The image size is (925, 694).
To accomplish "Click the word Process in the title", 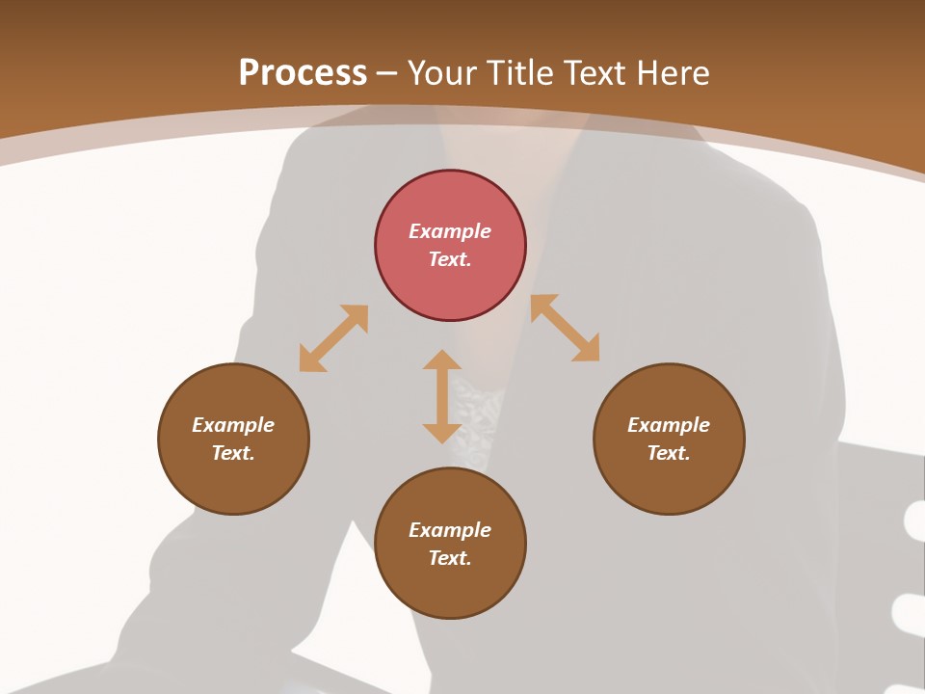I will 303,73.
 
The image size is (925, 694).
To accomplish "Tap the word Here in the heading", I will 672,73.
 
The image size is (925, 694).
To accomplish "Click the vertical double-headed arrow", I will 442,397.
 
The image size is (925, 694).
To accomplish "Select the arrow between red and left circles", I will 333,338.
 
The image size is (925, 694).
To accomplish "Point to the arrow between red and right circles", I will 565,328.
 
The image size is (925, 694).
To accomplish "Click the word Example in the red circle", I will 450,231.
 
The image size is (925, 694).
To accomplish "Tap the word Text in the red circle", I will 450,259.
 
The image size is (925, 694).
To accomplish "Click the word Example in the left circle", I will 233,425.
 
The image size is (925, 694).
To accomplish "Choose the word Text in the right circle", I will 669,453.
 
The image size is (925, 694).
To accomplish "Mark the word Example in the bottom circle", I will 450,530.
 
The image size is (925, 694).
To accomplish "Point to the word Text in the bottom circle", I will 450,558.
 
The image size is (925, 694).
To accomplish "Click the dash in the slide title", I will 387,73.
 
